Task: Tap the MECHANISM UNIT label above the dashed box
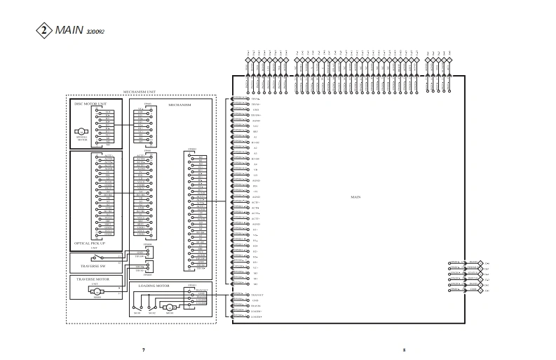point(140,92)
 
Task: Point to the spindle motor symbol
point(81,131)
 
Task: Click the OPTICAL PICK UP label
point(90,243)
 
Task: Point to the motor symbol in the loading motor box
point(170,307)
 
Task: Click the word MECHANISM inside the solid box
point(181,105)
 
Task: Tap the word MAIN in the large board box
point(355,196)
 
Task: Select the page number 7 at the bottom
point(144,349)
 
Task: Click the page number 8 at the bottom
point(405,349)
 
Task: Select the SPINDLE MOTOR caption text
point(81,139)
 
